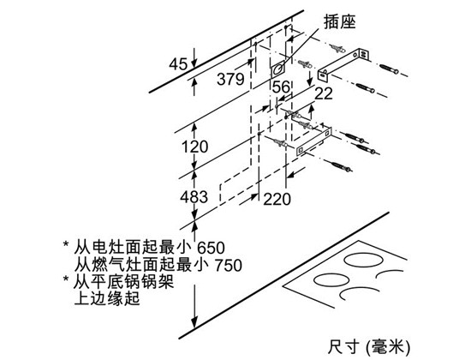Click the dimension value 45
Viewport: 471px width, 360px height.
click(x=178, y=63)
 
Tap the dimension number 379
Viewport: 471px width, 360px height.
click(x=230, y=79)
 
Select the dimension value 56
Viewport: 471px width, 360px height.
click(x=281, y=87)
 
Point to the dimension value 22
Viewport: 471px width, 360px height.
click(x=324, y=93)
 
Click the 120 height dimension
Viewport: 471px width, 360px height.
click(x=194, y=147)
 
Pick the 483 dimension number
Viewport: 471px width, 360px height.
click(x=194, y=197)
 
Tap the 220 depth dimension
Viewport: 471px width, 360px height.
click(x=277, y=199)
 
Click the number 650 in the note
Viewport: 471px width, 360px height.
click(x=212, y=248)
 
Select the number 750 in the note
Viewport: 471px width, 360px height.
click(x=229, y=266)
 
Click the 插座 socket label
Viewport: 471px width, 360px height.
click(x=339, y=22)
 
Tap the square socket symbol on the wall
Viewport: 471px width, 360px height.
click(x=277, y=70)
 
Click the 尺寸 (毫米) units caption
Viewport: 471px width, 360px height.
click(x=369, y=347)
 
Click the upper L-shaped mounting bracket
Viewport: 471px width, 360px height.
click(x=343, y=64)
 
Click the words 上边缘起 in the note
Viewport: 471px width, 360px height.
click(x=107, y=298)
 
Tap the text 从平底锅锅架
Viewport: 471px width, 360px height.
click(x=124, y=281)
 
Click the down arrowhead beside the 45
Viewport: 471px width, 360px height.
click(x=194, y=63)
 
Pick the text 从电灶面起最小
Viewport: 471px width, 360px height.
click(x=133, y=248)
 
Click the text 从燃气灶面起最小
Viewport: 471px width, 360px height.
click(x=141, y=266)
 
